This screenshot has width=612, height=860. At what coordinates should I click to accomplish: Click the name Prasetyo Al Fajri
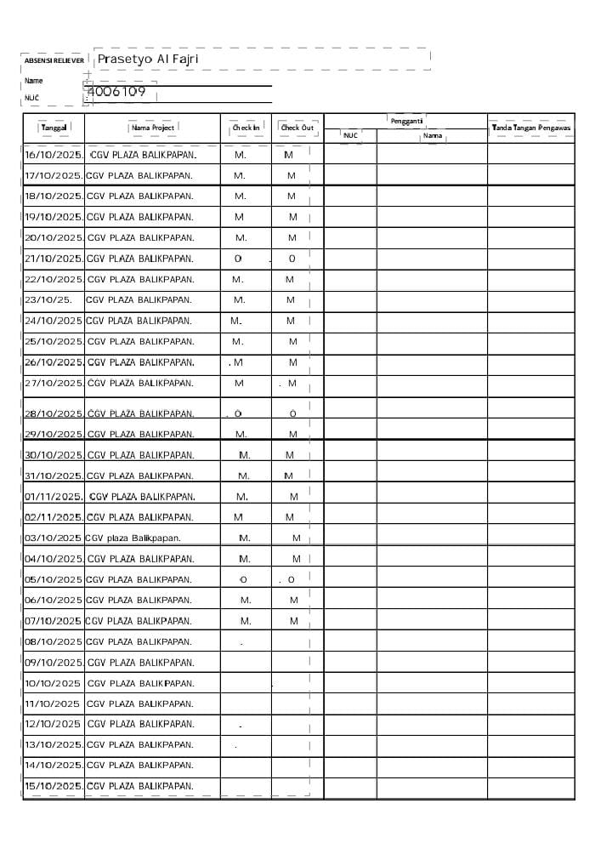click(148, 60)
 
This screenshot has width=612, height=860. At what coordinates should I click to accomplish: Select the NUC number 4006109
click(116, 92)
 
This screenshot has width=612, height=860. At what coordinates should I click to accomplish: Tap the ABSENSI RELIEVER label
click(54, 61)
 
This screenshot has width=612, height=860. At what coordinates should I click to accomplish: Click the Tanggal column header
click(54, 128)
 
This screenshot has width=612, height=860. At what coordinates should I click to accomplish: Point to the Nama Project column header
click(153, 128)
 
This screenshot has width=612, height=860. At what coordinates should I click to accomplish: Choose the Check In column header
click(246, 128)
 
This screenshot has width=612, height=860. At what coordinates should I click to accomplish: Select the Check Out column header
click(297, 128)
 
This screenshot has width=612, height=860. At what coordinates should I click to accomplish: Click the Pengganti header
click(406, 121)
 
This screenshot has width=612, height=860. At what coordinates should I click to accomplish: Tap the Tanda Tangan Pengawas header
click(531, 128)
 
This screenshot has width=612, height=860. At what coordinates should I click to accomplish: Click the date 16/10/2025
click(54, 155)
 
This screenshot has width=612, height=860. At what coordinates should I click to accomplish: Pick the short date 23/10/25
click(49, 300)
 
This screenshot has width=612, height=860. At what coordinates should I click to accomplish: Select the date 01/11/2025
click(54, 497)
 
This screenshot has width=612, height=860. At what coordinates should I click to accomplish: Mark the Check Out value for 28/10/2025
click(292, 414)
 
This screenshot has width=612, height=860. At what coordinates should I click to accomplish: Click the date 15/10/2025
click(54, 787)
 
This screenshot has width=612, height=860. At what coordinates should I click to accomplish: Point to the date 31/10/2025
click(54, 476)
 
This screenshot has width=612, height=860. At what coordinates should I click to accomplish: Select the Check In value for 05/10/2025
click(243, 580)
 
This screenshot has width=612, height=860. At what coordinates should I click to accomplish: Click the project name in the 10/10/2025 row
click(140, 683)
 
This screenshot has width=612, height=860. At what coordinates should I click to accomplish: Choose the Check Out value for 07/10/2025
click(294, 621)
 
